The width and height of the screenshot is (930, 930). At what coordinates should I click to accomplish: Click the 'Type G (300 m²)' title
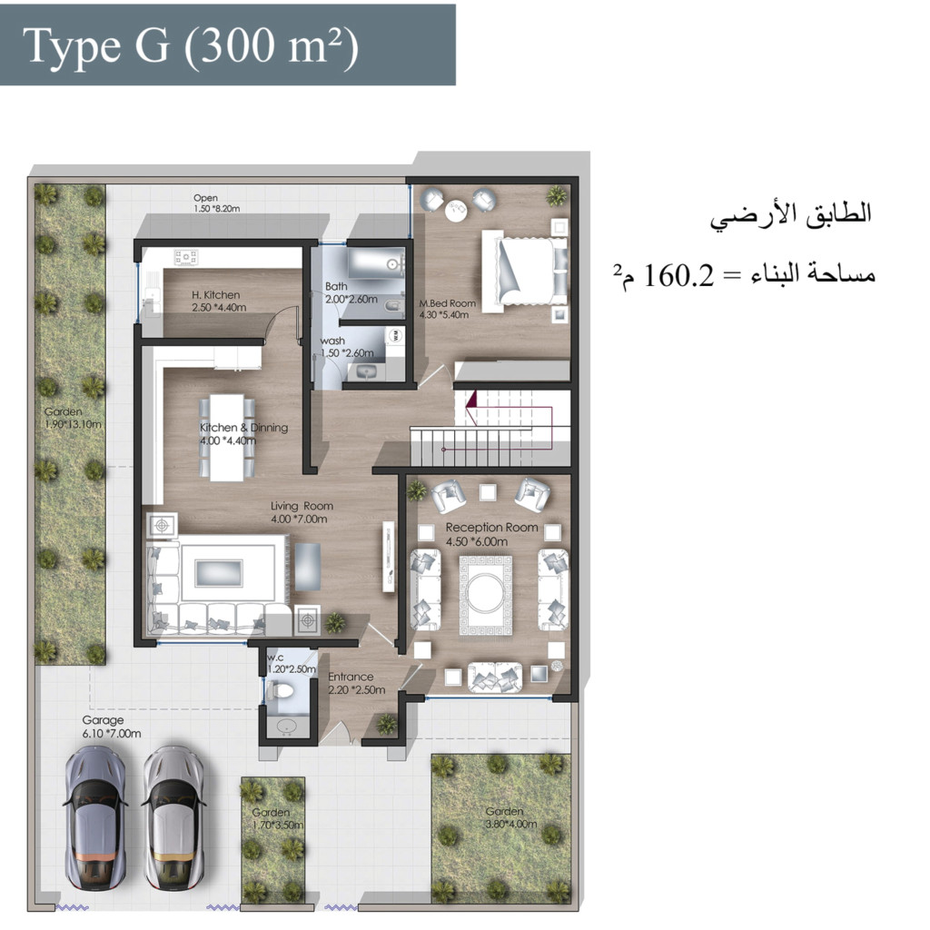(191, 45)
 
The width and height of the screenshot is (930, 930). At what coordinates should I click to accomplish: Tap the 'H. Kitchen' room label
(216, 295)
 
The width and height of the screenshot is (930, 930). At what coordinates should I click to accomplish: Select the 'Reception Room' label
(491, 528)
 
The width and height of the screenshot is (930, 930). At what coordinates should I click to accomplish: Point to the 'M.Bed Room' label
(448, 303)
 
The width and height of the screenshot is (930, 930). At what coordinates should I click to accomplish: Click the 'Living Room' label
(302, 506)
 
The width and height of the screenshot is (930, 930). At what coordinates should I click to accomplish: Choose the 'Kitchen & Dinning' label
(243, 428)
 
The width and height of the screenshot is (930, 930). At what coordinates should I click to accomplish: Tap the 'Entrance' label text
(351, 677)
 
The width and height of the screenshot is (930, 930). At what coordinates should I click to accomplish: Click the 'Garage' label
(104, 720)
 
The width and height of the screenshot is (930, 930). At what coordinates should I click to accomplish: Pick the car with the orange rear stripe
(94, 817)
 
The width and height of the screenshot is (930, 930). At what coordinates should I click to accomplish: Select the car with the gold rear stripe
(173, 817)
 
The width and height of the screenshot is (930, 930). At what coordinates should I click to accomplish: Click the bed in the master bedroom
(524, 271)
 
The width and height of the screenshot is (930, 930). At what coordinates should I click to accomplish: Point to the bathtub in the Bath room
(375, 264)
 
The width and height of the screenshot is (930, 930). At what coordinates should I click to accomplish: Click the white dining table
(226, 438)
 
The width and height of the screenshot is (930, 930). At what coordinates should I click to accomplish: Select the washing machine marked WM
(395, 336)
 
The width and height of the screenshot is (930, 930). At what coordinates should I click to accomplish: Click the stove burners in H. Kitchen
(185, 257)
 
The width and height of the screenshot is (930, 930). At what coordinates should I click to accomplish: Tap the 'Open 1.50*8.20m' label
(216, 203)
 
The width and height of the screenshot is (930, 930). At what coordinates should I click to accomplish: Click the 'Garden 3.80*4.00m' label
(511, 818)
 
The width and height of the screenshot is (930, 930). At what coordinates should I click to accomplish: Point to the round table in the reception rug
(485, 593)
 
